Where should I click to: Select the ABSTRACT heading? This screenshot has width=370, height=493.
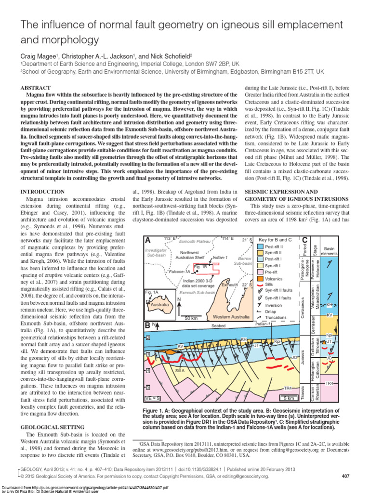point(36,89)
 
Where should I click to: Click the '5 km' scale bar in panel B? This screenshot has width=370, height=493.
point(289,398)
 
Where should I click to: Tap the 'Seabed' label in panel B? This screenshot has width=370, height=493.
point(218,326)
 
